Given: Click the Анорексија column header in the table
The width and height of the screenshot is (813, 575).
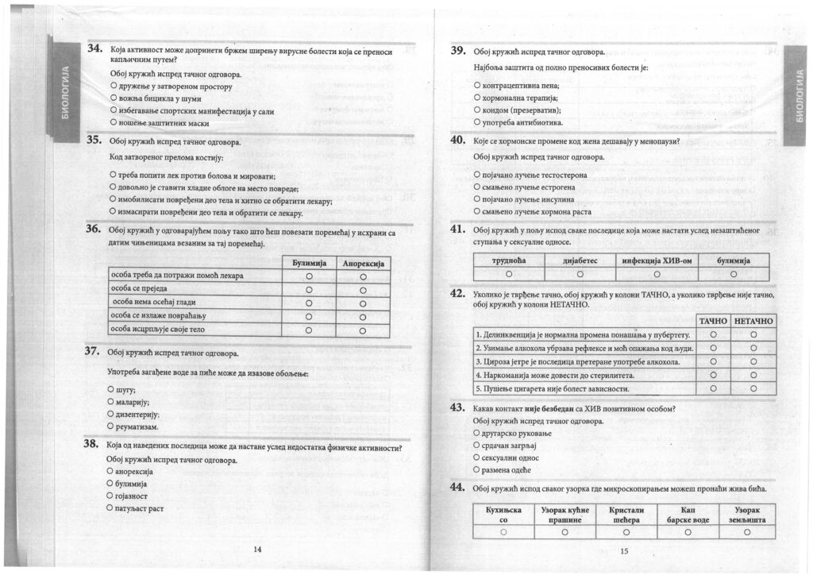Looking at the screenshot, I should (362, 262).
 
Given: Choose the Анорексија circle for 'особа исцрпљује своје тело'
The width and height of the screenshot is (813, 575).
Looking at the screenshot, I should (362, 329).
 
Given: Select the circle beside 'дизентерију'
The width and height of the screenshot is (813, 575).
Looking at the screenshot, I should (111, 415).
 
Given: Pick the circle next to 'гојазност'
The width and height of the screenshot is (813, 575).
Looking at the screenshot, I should (110, 496).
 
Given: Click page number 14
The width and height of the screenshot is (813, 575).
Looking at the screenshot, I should (256, 549).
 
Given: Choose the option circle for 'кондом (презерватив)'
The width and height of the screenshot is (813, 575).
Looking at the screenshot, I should (476, 110).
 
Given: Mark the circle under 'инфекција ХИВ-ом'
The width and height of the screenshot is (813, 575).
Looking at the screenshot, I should (655, 274).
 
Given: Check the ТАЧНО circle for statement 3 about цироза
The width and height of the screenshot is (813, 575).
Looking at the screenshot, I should (713, 361).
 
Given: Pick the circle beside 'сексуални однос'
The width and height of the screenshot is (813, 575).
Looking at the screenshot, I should (476, 457).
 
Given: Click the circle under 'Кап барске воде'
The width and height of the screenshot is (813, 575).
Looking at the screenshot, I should (688, 532).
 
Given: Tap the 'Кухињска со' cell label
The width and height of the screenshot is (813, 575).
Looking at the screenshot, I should (503, 514).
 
